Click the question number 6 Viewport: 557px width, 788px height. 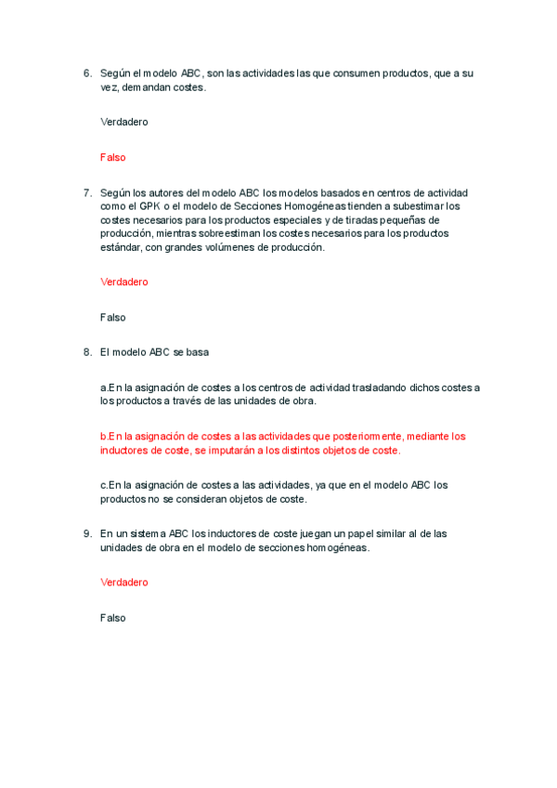pos(87,72)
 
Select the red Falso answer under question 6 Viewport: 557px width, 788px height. pos(112,157)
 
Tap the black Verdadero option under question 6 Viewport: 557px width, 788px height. pos(123,122)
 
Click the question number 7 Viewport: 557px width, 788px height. pos(87,192)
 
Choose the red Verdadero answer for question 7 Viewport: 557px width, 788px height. pos(123,282)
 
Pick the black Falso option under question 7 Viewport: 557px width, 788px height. pos(112,317)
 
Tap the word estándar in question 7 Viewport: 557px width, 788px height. pos(122,247)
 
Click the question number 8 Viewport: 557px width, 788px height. pos(87,352)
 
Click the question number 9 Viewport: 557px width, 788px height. pos(87,533)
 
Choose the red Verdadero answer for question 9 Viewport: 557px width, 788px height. pos(123,582)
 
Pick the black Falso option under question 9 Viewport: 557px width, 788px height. pos(112,617)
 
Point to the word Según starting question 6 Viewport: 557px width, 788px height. pos(115,72)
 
